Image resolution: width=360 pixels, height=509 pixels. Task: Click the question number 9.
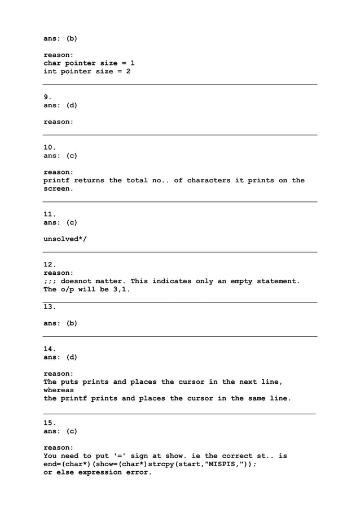[x=47, y=97]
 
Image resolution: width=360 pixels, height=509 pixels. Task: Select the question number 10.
[x=50, y=147]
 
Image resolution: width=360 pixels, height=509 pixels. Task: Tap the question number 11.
[x=50, y=214]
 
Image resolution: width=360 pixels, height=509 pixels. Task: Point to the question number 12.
[x=50, y=265]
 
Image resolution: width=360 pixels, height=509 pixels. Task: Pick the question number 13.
[x=50, y=306]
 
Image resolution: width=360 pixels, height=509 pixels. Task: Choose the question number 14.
[x=50, y=349]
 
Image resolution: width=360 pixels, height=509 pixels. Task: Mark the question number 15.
[x=50, y=423]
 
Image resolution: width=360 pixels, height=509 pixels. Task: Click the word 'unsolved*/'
[x=65, y=239]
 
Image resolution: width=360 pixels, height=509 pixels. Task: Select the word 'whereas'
[x=59, y=390]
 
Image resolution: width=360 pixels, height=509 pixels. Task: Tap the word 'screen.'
[x=59, y=189]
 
